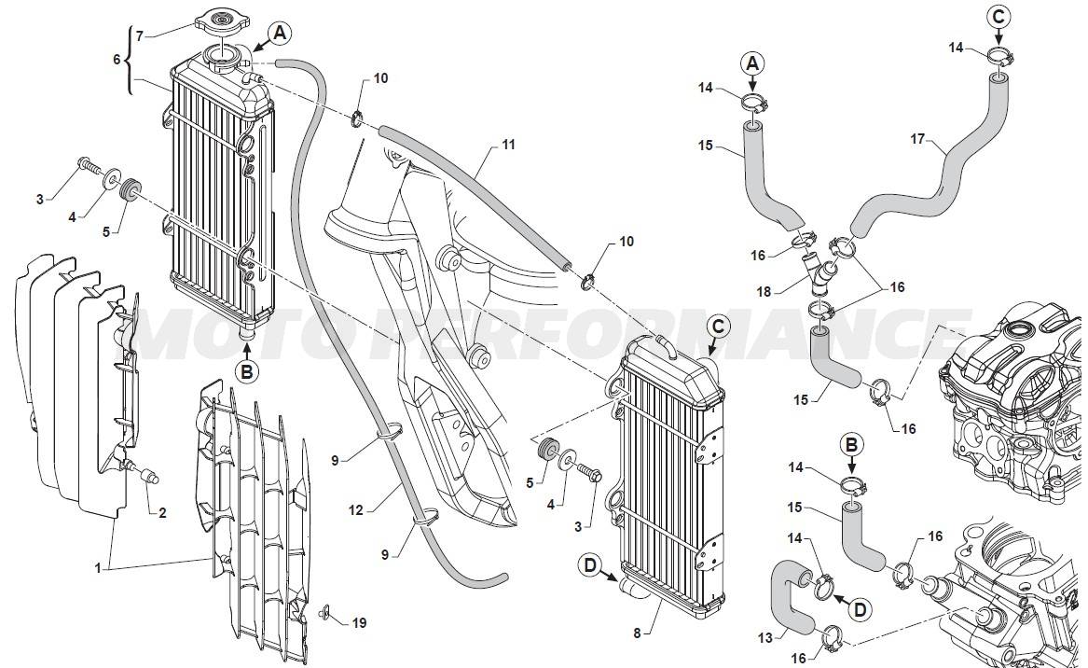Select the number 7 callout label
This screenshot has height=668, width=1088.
(140, 35)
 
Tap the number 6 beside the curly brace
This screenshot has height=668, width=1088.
(117, 60)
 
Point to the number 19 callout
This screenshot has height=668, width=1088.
(359, 623)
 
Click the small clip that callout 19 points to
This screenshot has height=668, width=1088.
(324, 612)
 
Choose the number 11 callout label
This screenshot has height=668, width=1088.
(509, 145)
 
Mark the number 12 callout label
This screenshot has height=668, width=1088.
(355, 511)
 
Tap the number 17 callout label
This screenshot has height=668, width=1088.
(917, 140)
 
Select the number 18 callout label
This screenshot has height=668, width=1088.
(764, 292)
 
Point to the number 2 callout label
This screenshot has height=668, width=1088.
(162, 513)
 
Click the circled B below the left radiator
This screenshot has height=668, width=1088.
(247, 372)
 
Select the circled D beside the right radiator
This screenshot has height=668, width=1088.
(590, 566)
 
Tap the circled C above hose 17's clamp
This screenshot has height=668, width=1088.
(998, 18)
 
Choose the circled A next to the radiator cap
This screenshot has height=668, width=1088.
(280, 32)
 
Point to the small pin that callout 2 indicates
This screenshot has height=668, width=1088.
(148, 477)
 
